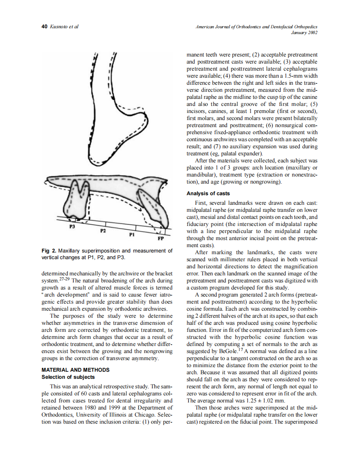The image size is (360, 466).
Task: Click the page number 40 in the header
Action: pyautogui.click(x=44, y=27)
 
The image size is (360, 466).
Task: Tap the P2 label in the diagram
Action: pyautogui.click(x=103, y=230)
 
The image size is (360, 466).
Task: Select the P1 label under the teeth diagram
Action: pyautogui.click(x=131, y=235)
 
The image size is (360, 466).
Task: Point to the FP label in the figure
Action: pyautogui.click(x=160, y=239)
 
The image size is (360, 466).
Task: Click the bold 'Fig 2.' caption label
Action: pyautogui.click(x=49, y=251)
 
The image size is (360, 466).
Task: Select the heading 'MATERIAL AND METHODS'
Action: pyautogui.click(x=75, y=370)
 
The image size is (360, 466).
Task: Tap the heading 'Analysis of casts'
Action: pyautogui.click(x=208, y=194)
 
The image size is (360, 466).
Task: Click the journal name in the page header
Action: pyautogui.click(x=256, y=27)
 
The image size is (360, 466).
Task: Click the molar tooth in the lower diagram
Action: pyautogui.click(x=78, y=201)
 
